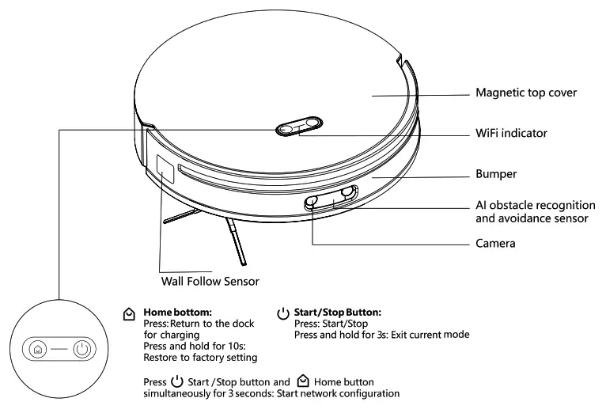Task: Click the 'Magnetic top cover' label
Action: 525,93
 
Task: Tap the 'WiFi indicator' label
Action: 511,134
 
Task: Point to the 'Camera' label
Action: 495,244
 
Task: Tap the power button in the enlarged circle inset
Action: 82,349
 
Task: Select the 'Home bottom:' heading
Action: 176,313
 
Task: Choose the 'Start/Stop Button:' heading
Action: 337,313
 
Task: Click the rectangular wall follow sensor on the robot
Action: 165,171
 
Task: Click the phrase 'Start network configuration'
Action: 336,393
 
